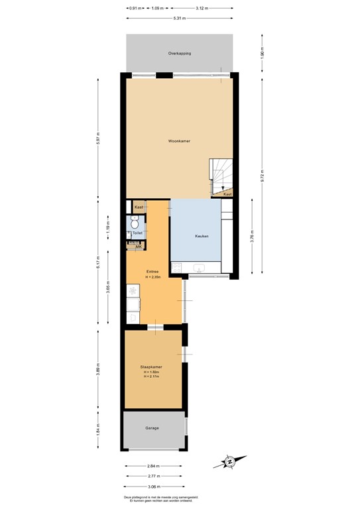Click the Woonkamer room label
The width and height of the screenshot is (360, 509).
pyautogui.click(x=179, y=141)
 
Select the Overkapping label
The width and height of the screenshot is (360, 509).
pyautogui.click(x=179, y=53)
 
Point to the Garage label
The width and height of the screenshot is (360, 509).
pyautogui.click(x=152, y=428)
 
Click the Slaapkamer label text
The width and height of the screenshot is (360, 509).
pyautogui.click(x=152, y=367)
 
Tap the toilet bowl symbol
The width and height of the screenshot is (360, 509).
pyautogui.click(x=135, y=225)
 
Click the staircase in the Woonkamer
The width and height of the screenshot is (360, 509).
pyautogui.click(x=221, y=176)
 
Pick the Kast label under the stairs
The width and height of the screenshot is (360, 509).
pyautogui.click(x=227, y=194)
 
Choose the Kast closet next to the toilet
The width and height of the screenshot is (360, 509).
pyautogui.click(x=138, y=207)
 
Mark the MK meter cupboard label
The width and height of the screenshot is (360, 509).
pyautogui.click(x=139, y=247)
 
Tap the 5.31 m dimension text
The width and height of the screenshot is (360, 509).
pyautogui.click(x=179, y=18)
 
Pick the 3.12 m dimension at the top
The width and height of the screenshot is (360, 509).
pyautogui.click(x=201, y=8)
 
